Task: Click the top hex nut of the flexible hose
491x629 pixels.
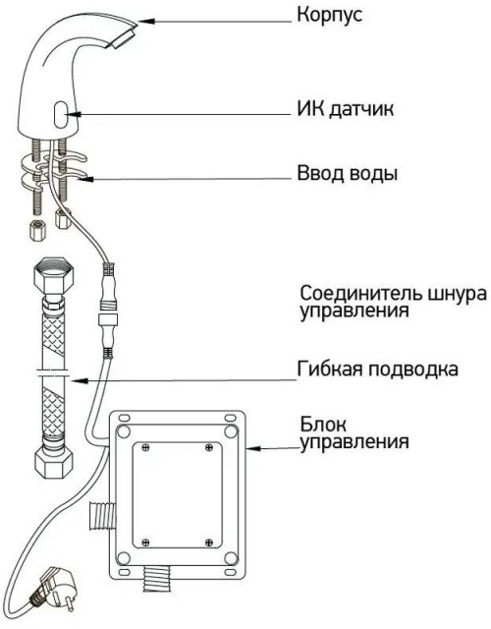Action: coord(50,271)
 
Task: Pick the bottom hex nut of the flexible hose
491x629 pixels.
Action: coord(50,458)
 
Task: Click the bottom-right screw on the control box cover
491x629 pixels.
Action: coord(208,538)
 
